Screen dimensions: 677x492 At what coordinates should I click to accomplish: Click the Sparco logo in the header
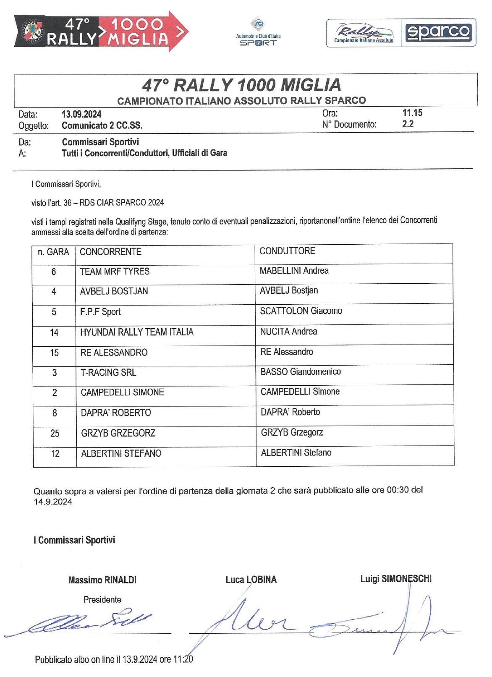tap(438, 32)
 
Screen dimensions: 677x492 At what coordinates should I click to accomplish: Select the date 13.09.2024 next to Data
tap(81, 114)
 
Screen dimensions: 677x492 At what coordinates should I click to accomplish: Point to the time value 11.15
tap(412, 112)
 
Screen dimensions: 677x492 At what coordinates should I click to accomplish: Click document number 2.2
tap(408, 124)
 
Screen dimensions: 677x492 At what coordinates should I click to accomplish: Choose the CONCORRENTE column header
tap(110, 252)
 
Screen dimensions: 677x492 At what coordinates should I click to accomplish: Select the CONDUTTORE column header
tap(287, 251)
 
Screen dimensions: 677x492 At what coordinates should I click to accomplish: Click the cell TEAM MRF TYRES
tap(115, 272)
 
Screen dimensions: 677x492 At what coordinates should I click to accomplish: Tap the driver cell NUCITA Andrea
tap(288, 332)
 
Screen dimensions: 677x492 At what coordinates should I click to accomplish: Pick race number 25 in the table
tap(55, 433)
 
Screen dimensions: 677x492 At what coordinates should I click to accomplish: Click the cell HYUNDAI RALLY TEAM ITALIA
tap(137, 332)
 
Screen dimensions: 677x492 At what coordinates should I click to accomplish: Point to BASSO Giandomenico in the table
tap(301, 372)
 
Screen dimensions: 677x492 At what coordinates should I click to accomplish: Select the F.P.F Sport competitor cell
tap(100, 312)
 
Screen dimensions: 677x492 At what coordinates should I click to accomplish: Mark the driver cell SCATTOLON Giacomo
tap(301, 311)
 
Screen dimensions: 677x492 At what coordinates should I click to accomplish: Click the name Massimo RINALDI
tap(102, 580)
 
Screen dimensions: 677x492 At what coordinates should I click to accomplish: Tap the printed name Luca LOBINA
tap(251, 580)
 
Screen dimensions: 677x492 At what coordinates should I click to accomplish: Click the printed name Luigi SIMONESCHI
tap(396, 579)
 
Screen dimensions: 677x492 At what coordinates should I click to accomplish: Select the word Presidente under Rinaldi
tap(102, 600)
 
